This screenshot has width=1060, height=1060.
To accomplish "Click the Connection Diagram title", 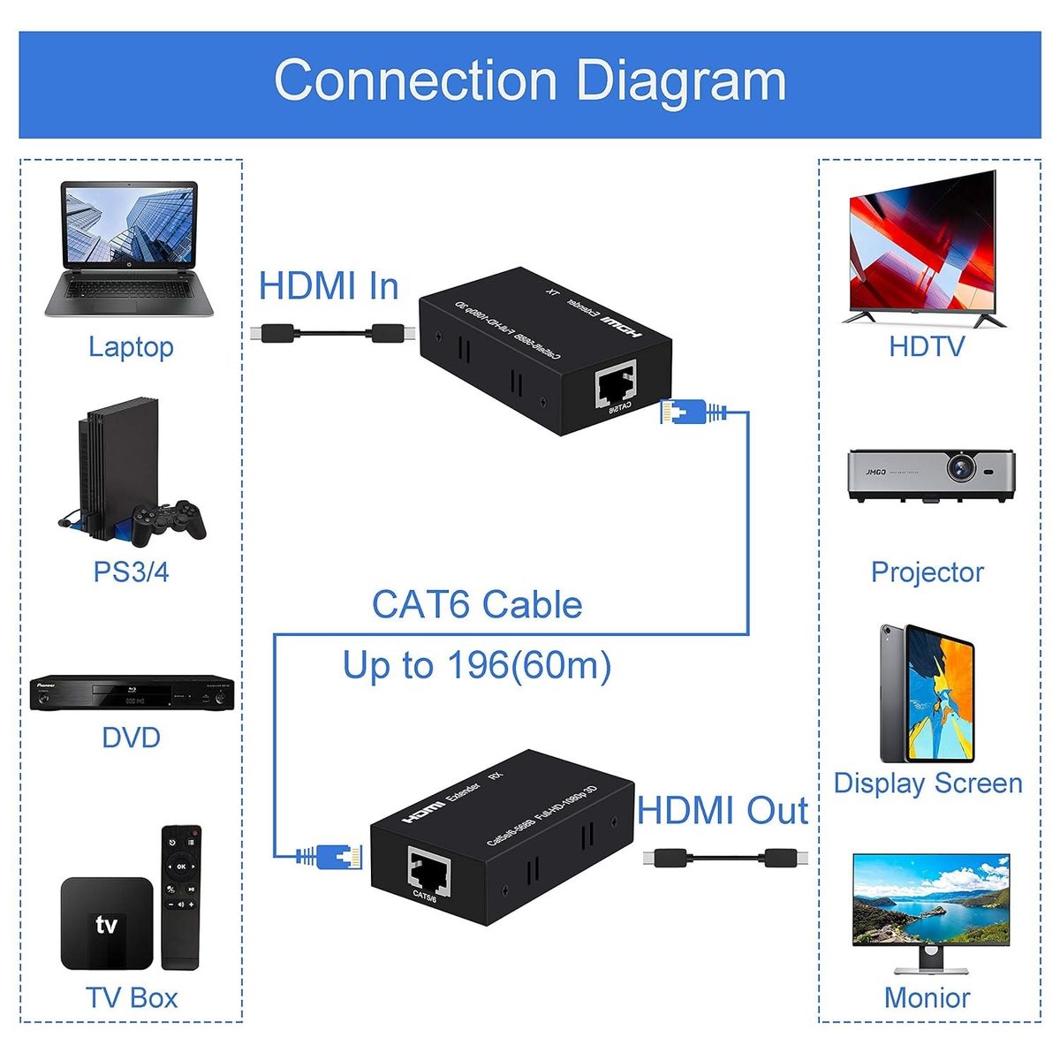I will pos(530,80).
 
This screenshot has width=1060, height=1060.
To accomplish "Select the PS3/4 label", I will pos(131,572).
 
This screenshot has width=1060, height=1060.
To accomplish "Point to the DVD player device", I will pos(132,693).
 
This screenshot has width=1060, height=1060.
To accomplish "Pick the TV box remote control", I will pos(180,896).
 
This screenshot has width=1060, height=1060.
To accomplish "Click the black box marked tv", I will pos(106,924).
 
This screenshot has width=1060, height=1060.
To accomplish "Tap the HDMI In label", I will pos(329,286).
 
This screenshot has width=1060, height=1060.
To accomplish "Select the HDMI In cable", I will pos(332,334).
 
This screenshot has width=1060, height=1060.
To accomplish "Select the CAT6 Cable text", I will pos(477,605).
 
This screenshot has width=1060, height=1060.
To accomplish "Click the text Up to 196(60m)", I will pos(477,665).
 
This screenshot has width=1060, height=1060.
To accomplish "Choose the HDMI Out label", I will pos(722,811).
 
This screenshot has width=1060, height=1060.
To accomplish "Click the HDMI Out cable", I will pos(724,858).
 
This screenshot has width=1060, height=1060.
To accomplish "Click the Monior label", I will pos(927,997).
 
